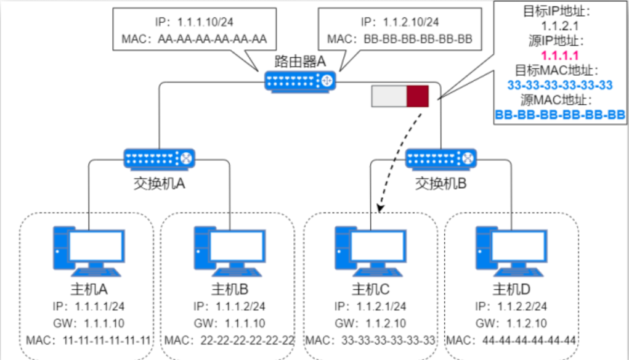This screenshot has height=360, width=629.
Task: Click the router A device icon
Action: point(300,81)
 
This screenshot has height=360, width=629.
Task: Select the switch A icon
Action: point(160,158)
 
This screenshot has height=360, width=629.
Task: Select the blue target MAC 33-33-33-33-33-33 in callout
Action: point(560,85)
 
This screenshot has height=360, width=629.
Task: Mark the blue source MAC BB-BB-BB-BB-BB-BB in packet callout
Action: point(560,115)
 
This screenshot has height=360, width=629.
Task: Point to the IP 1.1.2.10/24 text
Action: point(400,22)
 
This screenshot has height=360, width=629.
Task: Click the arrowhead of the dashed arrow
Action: point(381,207)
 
